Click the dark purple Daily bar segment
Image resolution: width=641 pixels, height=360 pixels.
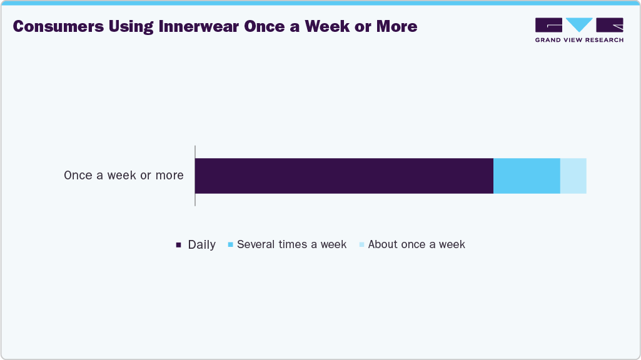pos(344,176)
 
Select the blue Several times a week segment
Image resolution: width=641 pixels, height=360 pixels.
pos(527,176)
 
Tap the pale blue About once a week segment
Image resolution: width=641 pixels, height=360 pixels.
pos(573,176)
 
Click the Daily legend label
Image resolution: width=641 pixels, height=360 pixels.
pos(201,245)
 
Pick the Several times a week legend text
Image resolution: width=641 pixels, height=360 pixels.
pos(291,244)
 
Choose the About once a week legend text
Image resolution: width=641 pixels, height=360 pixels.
pos(416,244)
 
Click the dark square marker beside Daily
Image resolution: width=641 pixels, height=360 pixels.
pos(178,245)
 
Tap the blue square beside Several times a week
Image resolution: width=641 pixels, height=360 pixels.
pos(231,244)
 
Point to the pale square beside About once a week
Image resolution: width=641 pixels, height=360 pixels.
pos(361,244)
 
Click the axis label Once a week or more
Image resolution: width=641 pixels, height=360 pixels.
pos(124,176)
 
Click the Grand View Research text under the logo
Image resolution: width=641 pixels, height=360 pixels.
pos(579,40)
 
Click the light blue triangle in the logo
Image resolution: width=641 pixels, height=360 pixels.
pos(579,24)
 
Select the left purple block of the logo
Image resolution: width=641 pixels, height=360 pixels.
pos(548,24)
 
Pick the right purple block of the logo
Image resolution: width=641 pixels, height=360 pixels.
pos(610,24)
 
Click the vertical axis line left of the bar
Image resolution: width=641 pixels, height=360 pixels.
pos(195,176)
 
